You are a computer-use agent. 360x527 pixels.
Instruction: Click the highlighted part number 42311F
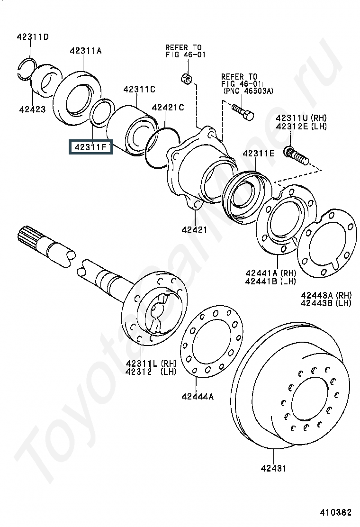point(90,147)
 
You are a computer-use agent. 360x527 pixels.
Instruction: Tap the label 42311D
point(33,36)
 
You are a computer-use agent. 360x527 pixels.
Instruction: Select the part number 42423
point(32,109)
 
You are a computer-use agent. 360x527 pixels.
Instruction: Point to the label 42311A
point(86,51)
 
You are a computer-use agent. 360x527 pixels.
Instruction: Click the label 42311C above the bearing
point(139,90)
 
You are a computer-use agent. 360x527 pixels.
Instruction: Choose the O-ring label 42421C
point(168,108)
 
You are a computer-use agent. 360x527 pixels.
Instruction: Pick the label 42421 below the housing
point(194,230)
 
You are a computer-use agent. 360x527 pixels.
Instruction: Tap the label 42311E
point(259,154)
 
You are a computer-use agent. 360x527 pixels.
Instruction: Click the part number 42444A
point(198,397)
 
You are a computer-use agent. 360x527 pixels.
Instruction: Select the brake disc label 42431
point(274,468)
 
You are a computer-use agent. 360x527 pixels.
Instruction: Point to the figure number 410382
point(335,512)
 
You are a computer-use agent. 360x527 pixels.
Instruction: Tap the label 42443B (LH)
point(326,303)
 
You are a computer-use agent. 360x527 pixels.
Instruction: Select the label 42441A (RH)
point(270,273)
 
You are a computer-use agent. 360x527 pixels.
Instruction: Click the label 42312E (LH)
point(301,127)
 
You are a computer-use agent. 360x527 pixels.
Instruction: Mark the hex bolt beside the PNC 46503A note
point(243,112)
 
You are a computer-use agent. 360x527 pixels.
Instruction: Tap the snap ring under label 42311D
point(27,69)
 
